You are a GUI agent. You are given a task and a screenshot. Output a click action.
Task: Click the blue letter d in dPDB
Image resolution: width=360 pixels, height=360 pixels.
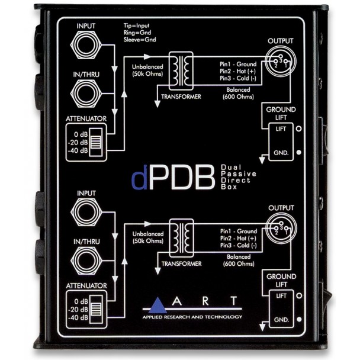pos(139,179)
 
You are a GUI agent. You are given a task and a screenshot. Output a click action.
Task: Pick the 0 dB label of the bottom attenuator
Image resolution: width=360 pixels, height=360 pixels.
pos(79,300)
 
